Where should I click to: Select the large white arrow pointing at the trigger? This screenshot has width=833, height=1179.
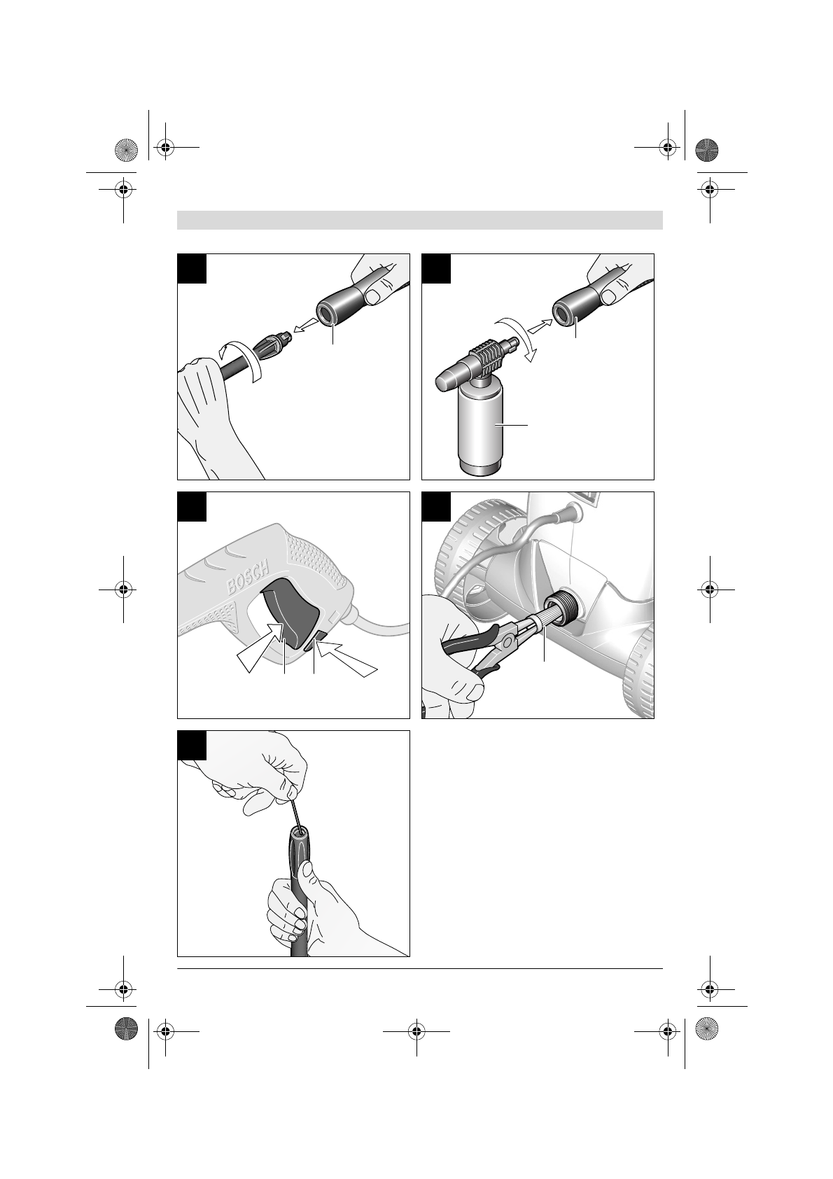(x=260, y=648)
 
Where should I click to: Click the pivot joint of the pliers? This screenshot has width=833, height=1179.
(x=508, y=641)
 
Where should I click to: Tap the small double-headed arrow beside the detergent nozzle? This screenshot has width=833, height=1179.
(x=538, y=327)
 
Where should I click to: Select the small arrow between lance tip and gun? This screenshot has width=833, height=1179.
(x=304, y=327)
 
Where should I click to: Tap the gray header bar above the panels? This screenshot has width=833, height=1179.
(x=420, y=220)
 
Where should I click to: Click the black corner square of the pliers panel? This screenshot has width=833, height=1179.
(x=436, y=505)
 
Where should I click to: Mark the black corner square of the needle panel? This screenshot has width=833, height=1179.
(x=192, y=745)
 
